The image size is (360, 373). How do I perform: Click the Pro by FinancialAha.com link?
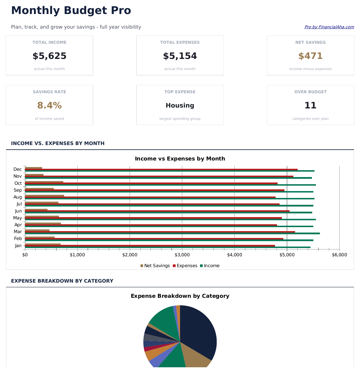(x=329, y=27)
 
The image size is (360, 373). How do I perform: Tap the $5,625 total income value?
(x=49, y=56)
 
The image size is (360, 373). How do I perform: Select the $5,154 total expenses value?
(x=180, y=56)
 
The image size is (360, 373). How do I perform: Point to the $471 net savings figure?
(x=310, y=56)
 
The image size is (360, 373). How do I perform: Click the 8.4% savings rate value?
(x=49, y=106)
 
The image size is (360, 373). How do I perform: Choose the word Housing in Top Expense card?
(x=180, y=106)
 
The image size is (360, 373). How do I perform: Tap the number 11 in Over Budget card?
(x=310, y=106)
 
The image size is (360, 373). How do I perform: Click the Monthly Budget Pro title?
(x=71, y=11)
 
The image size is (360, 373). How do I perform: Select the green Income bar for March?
(x=172, y=233)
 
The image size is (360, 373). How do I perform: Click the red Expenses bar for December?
(x=160, y=169)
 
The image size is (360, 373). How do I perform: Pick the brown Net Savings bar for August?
(x=44, y=196)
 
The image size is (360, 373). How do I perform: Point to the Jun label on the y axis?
(x=18, y=211)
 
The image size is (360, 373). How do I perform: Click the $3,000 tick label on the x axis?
(x=182, y=255)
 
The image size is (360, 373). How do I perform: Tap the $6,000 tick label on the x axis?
(x=339, y=255)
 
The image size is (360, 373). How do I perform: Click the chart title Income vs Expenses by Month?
(x=180, y=159)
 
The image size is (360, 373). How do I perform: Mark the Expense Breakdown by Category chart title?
(x=180, y=296)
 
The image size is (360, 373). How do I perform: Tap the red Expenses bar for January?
(x=149, y=246)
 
